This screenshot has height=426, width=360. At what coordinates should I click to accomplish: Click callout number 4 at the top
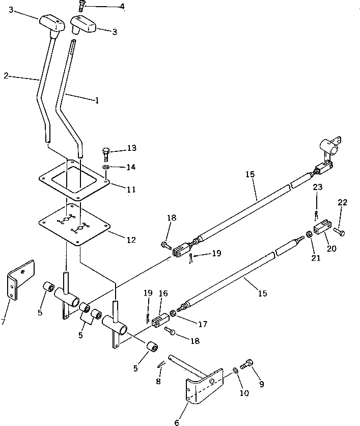[122, 6]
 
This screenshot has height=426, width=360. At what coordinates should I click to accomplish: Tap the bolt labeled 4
[81, 6]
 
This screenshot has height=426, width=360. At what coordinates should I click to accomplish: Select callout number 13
[132, 148]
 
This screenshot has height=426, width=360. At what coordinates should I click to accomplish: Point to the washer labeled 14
[105, 167]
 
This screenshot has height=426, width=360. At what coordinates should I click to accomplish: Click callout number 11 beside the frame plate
[131, 189]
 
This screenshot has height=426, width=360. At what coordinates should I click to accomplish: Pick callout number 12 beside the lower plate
[131, 239]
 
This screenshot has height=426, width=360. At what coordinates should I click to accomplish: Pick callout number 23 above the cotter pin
[318, 187]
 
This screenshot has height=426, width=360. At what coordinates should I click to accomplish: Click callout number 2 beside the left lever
[6, 75]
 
